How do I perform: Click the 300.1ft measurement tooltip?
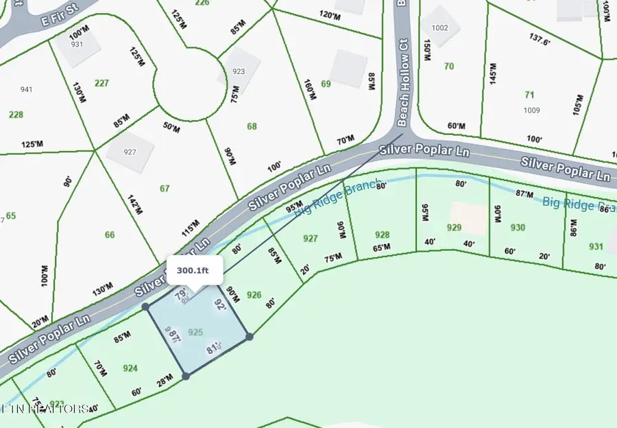[x=193, y=270]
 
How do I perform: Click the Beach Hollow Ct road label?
[x=403, y=81]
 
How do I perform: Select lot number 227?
[x=101, y=83]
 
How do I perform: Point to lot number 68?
[x=252, y=126]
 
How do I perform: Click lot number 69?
[x=326, y=84]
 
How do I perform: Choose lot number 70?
[x=449, y=67]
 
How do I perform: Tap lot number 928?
[x=383, y=235]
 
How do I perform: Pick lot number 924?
[x=130, y=368]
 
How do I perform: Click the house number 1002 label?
[x=440, y=27]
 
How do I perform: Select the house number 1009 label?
[x=531, y=110]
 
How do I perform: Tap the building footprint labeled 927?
[x=130, y=151]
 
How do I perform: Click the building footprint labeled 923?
[x=239, y=71]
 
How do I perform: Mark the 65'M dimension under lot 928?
[x=382, y=248]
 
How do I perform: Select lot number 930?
[x=518, y=228]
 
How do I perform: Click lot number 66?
[x=110, y=235]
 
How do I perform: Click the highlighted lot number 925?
[x=195, y=332]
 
